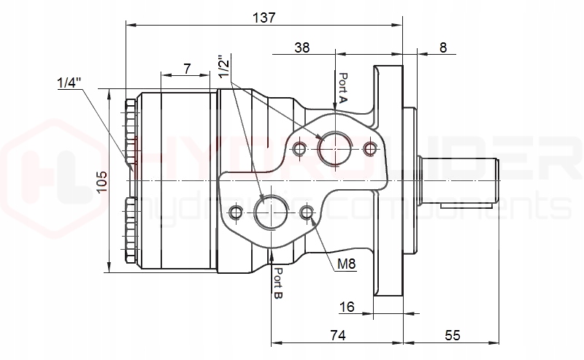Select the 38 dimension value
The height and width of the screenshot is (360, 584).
pyautogui.click(x=302, y=47)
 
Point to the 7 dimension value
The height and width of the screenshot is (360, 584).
pyautogui.click(x=188, y=69)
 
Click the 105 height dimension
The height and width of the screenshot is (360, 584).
pyautogui.click(x=102, y=180)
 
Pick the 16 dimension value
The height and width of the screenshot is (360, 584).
pyautogui.click(x=347, y=307)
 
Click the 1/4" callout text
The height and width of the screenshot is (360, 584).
pyautogui.click(x=67, y=83)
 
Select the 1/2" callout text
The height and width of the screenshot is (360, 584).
pyautogui.click(x=224, y=66)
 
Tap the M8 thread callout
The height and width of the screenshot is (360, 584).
pyautogui.click(x=347, y=264)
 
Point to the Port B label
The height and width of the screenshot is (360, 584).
pyautogui.click(x=278, y=283)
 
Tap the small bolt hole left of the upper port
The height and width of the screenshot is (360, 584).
pyautogui.click(x=299, y=150)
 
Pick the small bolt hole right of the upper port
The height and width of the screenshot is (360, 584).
pyautogui.click(x=370, y=149)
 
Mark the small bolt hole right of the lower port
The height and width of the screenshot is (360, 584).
pyautogui.click(x=307, y=212)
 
